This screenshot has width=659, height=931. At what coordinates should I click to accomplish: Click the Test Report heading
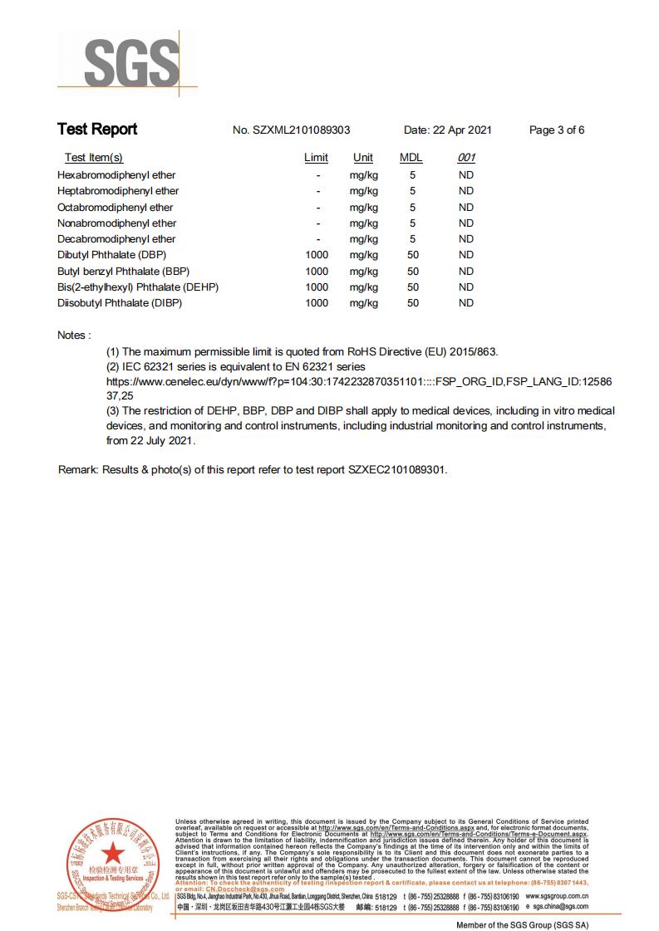click(x=97, y=130)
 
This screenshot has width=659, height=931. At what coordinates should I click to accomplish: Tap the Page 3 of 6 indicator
click(x=557, y=130)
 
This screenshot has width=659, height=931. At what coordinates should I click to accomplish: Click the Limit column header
click(x=316, y=158)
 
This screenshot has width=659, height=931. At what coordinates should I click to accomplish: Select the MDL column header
click(x=411, y=158)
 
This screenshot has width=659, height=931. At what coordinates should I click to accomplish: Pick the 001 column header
click(x=466, y=158)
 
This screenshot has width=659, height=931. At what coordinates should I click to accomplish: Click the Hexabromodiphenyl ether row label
click(x=116, y=175)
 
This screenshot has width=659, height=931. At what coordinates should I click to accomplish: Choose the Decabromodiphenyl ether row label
click(x=116, y=239)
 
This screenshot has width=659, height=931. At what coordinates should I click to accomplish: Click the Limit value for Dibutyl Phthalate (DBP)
click(x=317, y=255)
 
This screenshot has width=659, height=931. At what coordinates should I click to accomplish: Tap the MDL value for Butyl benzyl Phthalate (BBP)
click(x=412, y=272)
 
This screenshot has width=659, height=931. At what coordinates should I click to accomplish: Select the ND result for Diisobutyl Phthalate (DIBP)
click(x=466, y=303)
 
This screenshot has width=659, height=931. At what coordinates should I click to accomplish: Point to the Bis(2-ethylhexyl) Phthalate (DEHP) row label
click(x=138, y=287)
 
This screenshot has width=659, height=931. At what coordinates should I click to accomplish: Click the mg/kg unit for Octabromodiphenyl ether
click(x=363, y=208)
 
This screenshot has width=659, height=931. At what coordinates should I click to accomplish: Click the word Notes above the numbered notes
click(x=73, y=335)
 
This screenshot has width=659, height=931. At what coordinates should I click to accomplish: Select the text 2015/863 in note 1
click(x=473, y=351)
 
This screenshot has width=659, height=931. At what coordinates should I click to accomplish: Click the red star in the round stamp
click(x=111, y=853)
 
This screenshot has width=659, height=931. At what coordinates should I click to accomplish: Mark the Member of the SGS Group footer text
click(x=522, y=924)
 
